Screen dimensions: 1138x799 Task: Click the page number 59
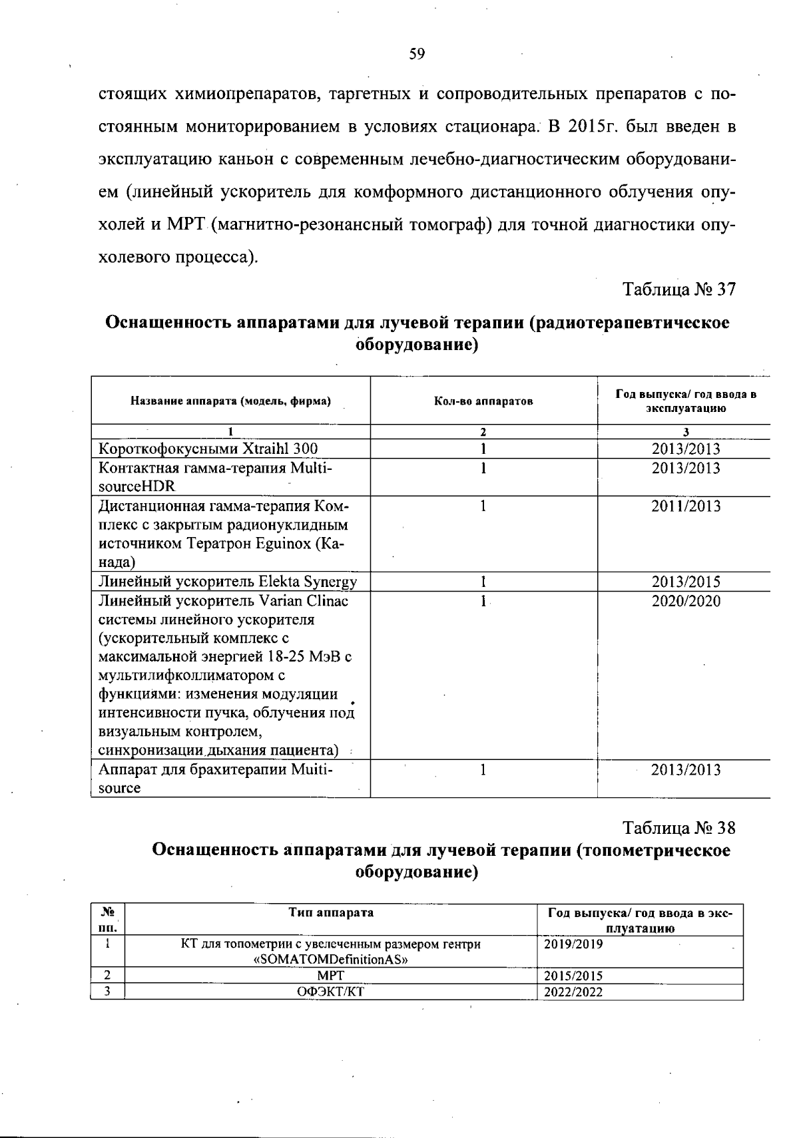click(x=417, y=54)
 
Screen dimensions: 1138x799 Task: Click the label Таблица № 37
click(x=678, y=289)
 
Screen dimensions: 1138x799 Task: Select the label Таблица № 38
click(x=678, y=828)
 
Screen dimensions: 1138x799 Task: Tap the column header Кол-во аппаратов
click(x=483, y=401)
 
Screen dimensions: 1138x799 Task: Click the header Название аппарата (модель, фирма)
click(x=230, y=401)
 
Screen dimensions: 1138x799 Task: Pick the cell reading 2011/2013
click(x=686, y=506)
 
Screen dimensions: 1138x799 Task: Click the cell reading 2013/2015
click(x=686, y=582)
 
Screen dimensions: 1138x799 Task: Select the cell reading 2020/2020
click(x=686, y=602)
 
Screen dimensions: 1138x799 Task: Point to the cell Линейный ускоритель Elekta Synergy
click(x=228, y=582)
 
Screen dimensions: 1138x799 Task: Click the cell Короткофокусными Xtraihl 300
click(x=208, y=449)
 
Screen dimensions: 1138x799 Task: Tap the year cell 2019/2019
click(x=573, y=944)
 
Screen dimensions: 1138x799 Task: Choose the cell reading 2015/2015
click(x=573, y=976)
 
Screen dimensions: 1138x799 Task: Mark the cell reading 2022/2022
click(x=573, y=992)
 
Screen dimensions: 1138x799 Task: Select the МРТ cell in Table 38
click(x=331, y=976)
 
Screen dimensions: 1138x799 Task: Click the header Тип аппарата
click(x=331, y=912)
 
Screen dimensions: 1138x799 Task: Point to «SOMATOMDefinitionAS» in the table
click(x=331, y=960)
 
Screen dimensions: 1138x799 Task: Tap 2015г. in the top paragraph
click(x=594, y=126)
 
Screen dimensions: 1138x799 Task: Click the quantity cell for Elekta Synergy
click(x=483, y=582)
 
